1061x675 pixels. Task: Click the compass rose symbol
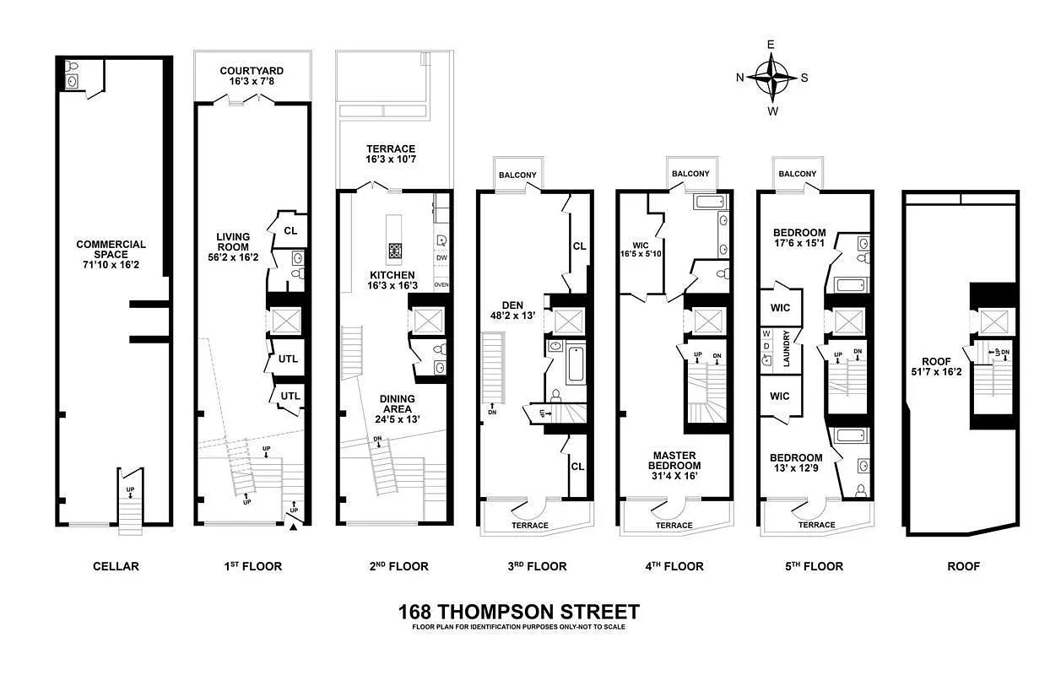tap(771, 77)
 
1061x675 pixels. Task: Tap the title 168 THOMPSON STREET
tap(518, 612)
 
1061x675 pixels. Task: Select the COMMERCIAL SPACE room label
tap(111, 250)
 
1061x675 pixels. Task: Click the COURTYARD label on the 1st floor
tap(251, 77)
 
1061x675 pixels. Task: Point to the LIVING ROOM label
tap(233, 247)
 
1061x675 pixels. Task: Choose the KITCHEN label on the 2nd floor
tap(392, 280)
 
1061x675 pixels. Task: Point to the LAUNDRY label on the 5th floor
tap(785, 348)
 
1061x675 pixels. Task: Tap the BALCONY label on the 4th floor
tap(690, 174)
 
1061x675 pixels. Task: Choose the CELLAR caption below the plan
tap(116, 566)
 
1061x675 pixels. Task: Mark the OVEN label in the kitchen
tap(441, 285)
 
